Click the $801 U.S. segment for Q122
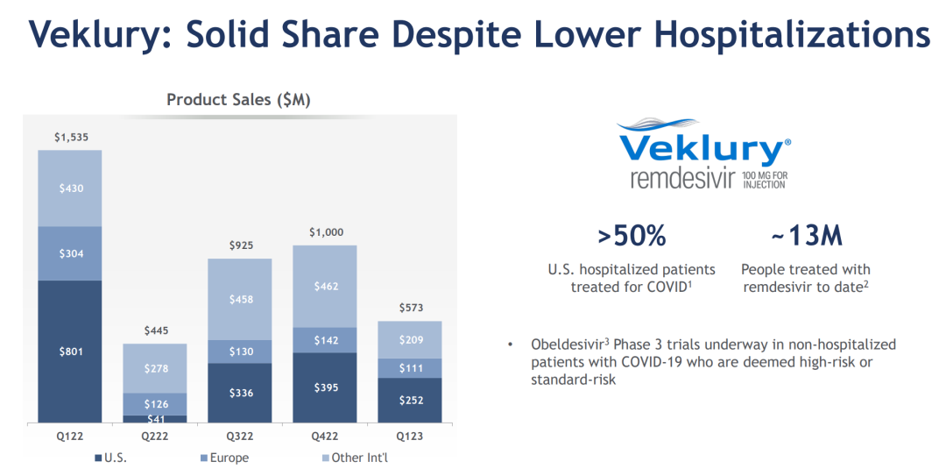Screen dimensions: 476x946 tap(69, 352)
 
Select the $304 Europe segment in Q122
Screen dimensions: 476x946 tap(69, 253)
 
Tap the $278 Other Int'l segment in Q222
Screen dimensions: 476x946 tap(154, 368)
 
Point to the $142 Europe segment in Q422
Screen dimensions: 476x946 tap(325, 340)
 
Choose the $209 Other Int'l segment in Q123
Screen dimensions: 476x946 tap(409, 340)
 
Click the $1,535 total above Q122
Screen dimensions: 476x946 tap(70, 138)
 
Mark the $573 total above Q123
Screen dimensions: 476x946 tap(409, 308)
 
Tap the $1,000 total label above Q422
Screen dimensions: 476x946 tap(325, 232)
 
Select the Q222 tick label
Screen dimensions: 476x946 tap(154, 435)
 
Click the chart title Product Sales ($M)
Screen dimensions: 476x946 tap(238, 100)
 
